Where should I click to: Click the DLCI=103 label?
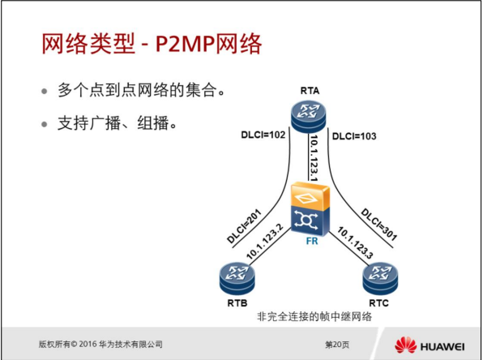click(355, 135)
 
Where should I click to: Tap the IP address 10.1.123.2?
click(265, 241)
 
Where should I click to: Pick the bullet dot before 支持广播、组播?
click(45, 126)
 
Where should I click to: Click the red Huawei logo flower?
click(405, 345)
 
